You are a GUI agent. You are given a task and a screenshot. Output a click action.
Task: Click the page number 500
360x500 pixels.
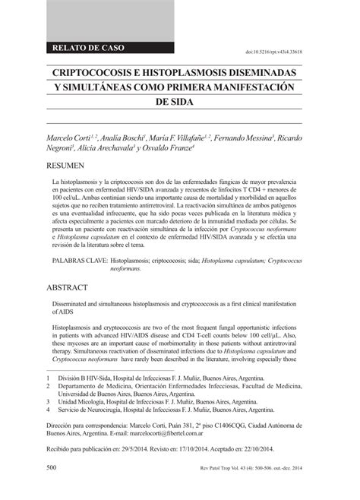(53, 487)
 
